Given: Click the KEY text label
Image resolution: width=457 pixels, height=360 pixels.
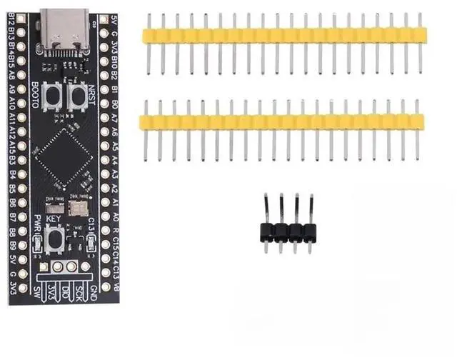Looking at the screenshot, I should (54, 219).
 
